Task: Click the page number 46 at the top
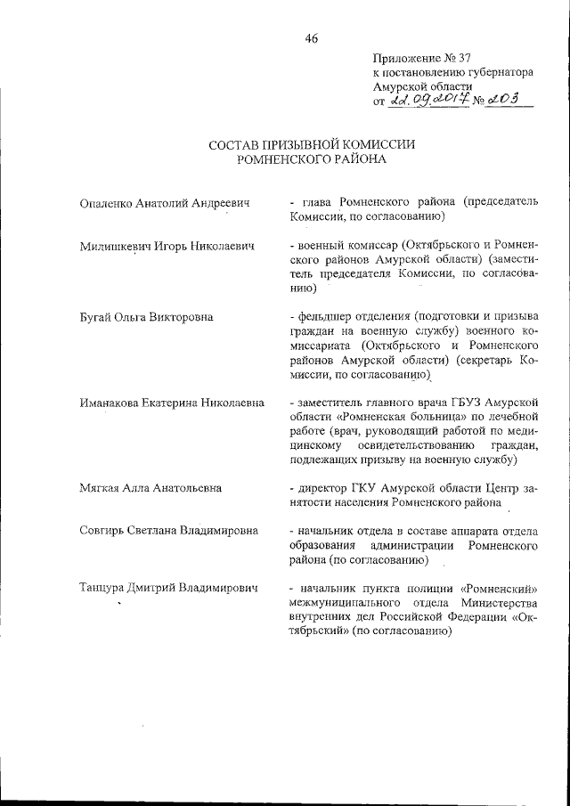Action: pyautogui.click(x=310, y=37)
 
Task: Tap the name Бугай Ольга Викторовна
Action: pyautogui.click(x=146, y=315)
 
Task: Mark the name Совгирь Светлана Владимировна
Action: pyautogui.click(x=168, y=530)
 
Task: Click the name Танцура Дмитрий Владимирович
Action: pyautogui.click(x=168, y=589)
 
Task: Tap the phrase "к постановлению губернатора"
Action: pyautogui.click(x=452, y=74)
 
